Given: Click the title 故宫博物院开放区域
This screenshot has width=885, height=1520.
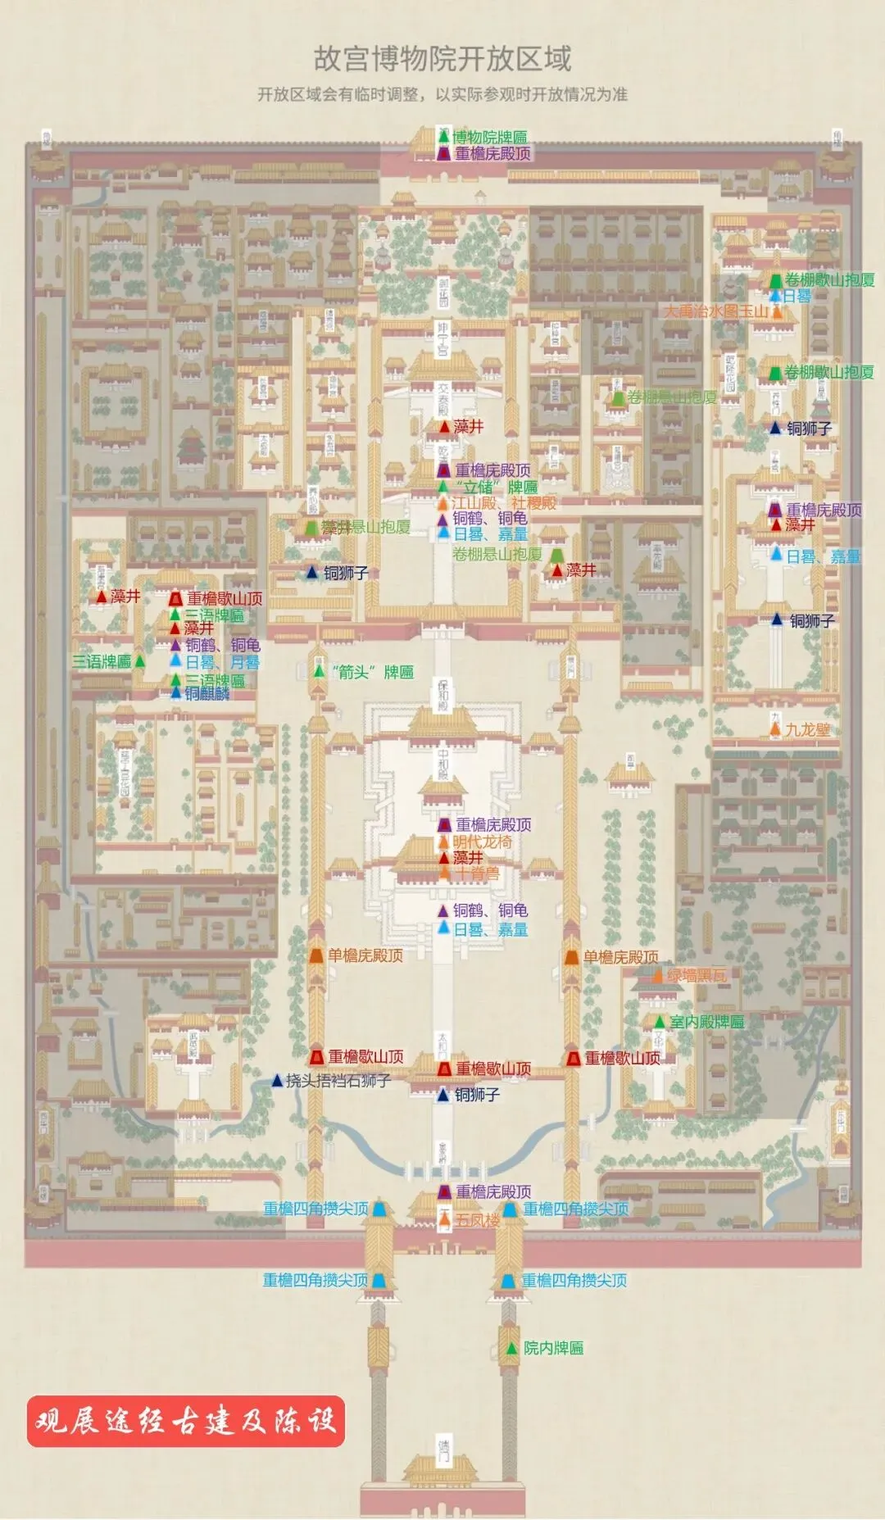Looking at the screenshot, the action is click(x=442, y=59).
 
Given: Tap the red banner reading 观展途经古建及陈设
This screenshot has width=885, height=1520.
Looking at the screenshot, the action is click(x=186, y=1420).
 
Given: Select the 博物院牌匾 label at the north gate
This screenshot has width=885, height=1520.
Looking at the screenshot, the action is click(x=490, y=137).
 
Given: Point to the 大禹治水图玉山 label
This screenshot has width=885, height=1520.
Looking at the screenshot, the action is click(x=716, y=311).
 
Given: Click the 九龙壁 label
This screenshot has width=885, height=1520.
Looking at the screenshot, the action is click(x=807, y=729).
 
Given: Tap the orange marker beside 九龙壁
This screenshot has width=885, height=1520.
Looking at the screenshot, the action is click(x=775, y=728).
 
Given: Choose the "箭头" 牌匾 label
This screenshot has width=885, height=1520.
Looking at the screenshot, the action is click(x=374, y=672).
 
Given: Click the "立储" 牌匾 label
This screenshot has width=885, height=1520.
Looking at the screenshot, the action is click(x=497, y=487).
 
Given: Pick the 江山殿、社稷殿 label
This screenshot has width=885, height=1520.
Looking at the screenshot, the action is click(x=503, y=502).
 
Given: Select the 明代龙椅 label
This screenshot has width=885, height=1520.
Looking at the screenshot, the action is click(x=483, y=842).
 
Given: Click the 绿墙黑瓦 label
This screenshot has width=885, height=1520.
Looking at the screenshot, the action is click(x=697, y=975).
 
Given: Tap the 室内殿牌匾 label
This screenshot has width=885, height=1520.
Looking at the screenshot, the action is click(x=706, y=1022).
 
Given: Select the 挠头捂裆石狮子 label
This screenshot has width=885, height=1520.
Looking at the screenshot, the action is click(x=338, y=1081).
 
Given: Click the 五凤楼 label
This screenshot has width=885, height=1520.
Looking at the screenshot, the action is click(x=477, y=1220).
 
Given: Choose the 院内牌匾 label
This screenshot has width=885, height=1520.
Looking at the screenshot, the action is click(x=553, y=1348).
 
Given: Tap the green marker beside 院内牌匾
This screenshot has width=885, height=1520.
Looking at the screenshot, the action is click(x=511, y=1348).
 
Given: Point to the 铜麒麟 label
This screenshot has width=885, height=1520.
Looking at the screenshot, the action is click(x=206, y=693).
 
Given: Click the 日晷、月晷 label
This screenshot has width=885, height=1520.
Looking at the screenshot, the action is click(x=222, y=662).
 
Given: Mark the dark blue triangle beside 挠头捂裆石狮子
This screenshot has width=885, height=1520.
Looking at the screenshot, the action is click(x=277, y=1081).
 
